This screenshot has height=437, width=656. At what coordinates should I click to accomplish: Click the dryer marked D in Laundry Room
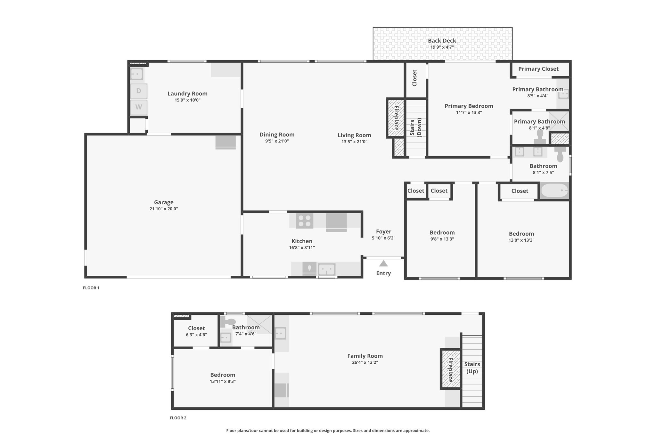pos(139,91)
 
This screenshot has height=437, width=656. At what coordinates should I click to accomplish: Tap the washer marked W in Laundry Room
pos(139,107)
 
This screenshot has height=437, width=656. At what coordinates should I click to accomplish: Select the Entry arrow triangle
pos(383,263)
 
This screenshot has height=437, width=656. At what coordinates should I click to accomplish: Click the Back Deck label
pos(442,41)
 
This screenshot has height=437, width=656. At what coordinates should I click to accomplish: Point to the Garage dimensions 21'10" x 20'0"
pos(164,209)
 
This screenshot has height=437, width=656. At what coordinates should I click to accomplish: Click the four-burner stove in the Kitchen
pos(304,221)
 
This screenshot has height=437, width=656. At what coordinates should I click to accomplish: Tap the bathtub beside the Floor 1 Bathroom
pos(554,191)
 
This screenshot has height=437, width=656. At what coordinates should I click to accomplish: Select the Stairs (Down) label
pos(415,127)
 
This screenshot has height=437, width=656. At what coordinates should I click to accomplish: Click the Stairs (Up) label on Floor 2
pos(472,368)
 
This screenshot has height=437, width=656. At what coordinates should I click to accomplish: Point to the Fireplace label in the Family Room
pos(451,370)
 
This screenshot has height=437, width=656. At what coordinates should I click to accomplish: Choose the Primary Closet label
pos(538,69)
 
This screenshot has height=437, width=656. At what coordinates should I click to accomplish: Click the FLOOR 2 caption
pos(178,418)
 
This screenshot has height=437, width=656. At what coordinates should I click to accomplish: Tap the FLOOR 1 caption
pos(91,288)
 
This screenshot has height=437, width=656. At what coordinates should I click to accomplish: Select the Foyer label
pos(384,231)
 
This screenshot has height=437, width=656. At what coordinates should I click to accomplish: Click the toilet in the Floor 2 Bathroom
pos(228,321)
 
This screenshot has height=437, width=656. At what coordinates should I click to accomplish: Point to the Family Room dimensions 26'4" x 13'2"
pos(365,362)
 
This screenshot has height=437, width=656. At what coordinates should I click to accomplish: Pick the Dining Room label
pos(277,135)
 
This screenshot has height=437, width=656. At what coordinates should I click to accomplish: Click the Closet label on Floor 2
pos(197,328)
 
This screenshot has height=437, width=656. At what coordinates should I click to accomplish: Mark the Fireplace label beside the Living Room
pos(396,118)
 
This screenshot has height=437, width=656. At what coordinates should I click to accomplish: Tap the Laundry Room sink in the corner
pos(137,74)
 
